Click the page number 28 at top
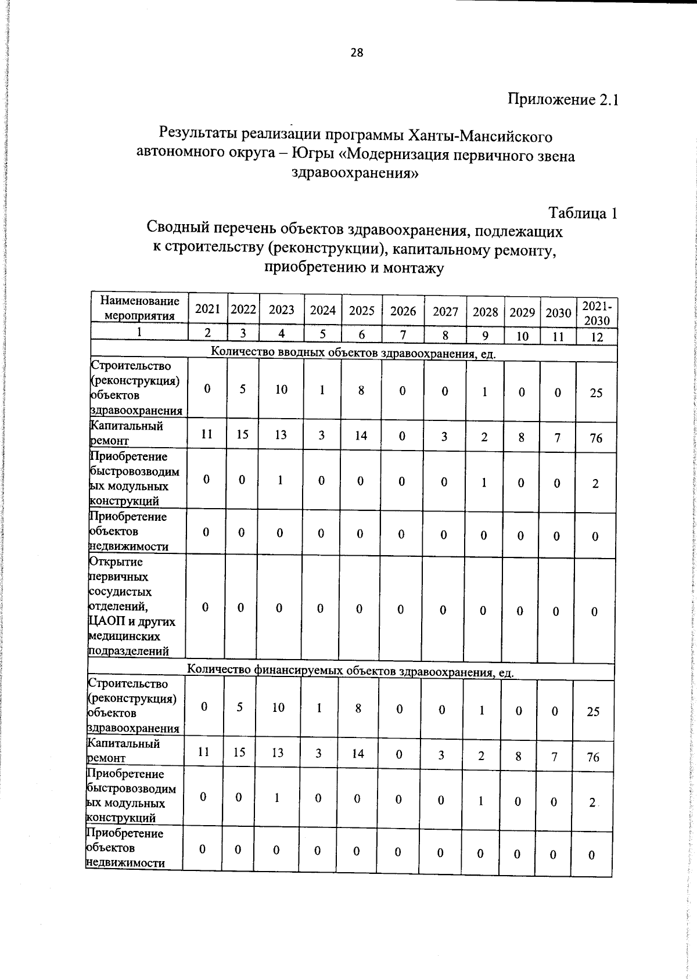357,53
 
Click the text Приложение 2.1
563,99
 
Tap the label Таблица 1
583,213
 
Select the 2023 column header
282,310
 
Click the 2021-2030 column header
597,314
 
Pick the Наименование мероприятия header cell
139,308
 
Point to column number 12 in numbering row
597,337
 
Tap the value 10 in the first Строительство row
281,390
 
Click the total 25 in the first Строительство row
596,393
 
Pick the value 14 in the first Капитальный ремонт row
361,435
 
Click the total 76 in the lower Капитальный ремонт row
592,757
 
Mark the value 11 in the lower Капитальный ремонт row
203,752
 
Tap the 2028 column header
485,312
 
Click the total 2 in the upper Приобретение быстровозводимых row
595,484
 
